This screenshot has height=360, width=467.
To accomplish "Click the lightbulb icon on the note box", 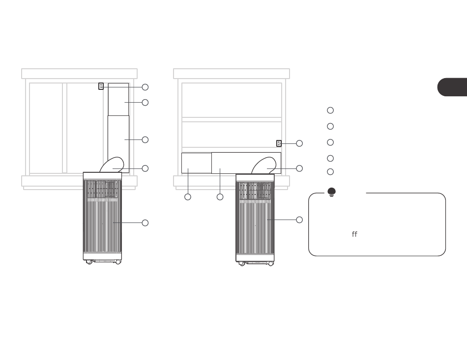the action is (x=331, y=192).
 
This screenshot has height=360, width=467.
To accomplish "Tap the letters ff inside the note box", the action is (x=354, y=234).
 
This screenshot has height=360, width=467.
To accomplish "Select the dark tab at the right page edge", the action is (x=452, y=87).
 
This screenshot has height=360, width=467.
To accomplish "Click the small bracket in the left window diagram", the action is (x=101, y=86).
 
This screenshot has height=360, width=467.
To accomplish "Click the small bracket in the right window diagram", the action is (x=279, y=143).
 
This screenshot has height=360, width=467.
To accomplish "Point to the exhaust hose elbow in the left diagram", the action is (x=112, y=165).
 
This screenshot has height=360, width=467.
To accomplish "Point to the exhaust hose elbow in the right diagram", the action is (x=264, y=165).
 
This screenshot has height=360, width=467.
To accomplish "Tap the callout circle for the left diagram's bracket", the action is (x=145, y=87).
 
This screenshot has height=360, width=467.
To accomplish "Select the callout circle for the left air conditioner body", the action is (x=145, y=223).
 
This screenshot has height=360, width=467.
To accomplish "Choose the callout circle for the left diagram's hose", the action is (x=145, y=168).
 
